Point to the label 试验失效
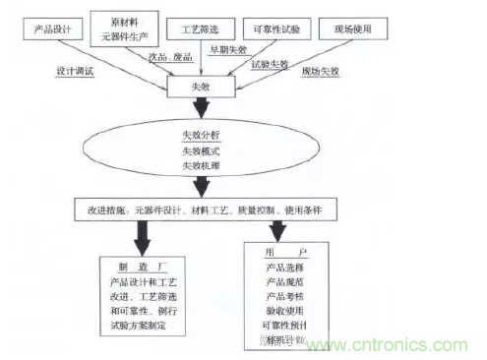[x=270, y=65]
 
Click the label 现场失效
[x=324, y=73]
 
